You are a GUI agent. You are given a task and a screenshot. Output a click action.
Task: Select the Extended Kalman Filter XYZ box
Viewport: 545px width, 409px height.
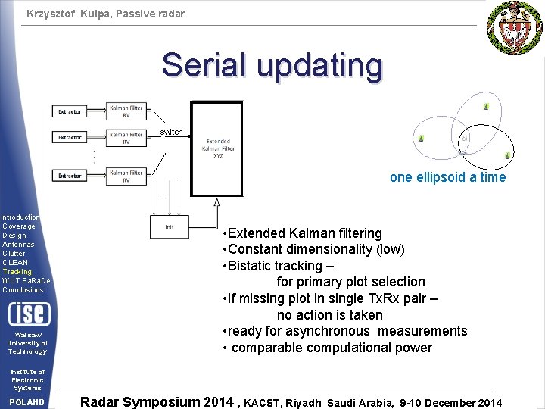(217, 148)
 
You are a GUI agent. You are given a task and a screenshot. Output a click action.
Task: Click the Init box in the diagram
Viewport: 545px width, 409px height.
(170, 226)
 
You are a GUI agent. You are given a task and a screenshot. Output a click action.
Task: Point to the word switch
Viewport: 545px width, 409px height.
(171, 133)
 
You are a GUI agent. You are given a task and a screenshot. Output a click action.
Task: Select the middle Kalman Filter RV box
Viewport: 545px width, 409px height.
(126, 138)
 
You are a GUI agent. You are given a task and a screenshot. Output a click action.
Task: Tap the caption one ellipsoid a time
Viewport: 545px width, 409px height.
(447, 177)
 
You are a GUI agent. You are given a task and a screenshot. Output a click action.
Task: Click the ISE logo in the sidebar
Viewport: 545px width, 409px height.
(28, 313)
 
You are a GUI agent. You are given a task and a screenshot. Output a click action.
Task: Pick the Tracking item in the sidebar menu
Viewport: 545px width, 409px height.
(17, 271)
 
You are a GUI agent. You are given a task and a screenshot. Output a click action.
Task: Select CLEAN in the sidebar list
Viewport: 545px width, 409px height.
(16, 262)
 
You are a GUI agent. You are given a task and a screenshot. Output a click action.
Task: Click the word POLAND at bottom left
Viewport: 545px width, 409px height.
(27, 402)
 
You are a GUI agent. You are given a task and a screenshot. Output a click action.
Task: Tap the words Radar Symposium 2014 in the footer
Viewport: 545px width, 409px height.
(157, 401)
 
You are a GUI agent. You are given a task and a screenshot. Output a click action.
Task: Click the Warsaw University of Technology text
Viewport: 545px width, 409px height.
(27, 343)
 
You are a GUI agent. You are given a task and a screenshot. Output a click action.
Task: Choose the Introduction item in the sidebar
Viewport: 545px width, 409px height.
(20, 217)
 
